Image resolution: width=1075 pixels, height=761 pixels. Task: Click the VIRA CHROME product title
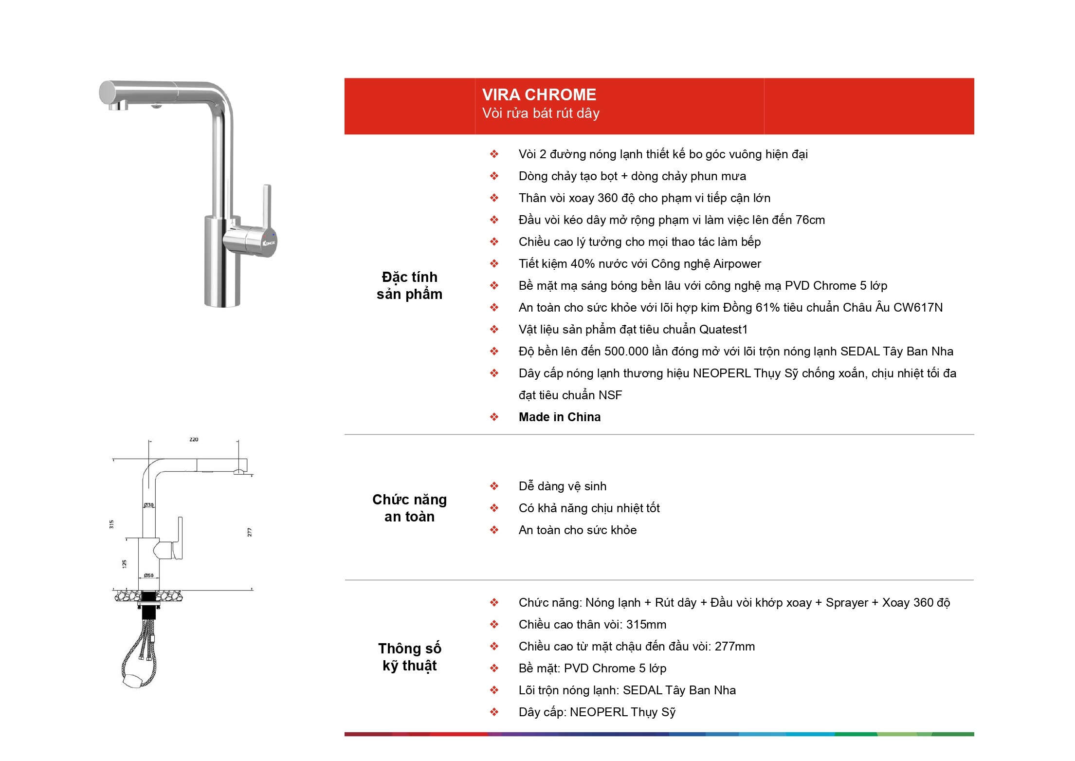539,94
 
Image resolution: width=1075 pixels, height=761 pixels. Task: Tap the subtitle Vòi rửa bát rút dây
541,113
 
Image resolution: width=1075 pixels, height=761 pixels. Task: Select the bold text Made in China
560,417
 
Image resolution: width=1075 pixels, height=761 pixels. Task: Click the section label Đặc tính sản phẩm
409,285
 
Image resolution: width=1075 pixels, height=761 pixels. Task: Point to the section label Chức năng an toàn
409,508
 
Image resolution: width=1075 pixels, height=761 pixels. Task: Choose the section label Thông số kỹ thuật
409,657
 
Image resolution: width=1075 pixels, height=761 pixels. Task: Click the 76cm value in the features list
810,220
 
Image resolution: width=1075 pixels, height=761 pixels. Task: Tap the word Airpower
737,264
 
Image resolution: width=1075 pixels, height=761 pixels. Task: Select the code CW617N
918,308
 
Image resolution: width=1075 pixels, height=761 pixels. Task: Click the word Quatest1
723,330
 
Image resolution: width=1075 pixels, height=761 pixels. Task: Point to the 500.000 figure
626,352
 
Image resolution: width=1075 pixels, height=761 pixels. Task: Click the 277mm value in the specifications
735,647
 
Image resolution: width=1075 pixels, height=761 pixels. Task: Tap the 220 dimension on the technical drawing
194,440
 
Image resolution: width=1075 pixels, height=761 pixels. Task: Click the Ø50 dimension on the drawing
148,575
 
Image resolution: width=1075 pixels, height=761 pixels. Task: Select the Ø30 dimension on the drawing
148,505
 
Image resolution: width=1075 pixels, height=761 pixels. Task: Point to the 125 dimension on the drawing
125,564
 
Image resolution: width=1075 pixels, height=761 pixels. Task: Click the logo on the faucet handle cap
269,242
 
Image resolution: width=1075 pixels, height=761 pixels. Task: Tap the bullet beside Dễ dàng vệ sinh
494,486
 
